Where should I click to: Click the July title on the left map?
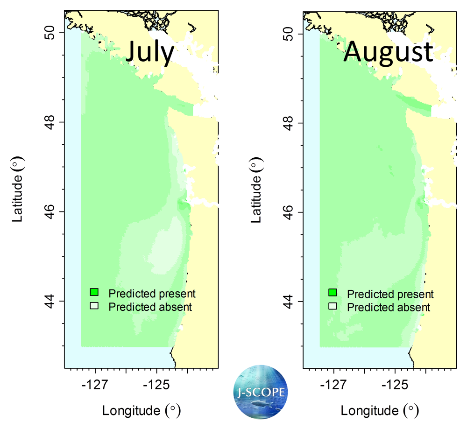[149, 52]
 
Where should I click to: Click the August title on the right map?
[388, 52]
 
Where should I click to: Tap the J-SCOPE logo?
[260, 391]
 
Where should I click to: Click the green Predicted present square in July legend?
[94, 293]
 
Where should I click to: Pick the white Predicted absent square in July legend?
[94, 306]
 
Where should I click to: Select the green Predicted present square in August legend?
[333, 293]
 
